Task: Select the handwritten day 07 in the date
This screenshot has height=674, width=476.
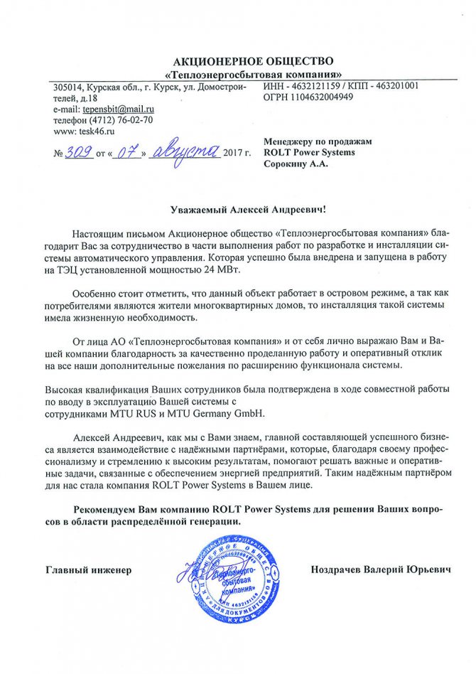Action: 128,152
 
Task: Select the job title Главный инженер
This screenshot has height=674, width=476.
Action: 89,571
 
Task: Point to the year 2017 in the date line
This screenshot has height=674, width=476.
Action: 232,153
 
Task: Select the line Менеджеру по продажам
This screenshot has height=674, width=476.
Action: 317,141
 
